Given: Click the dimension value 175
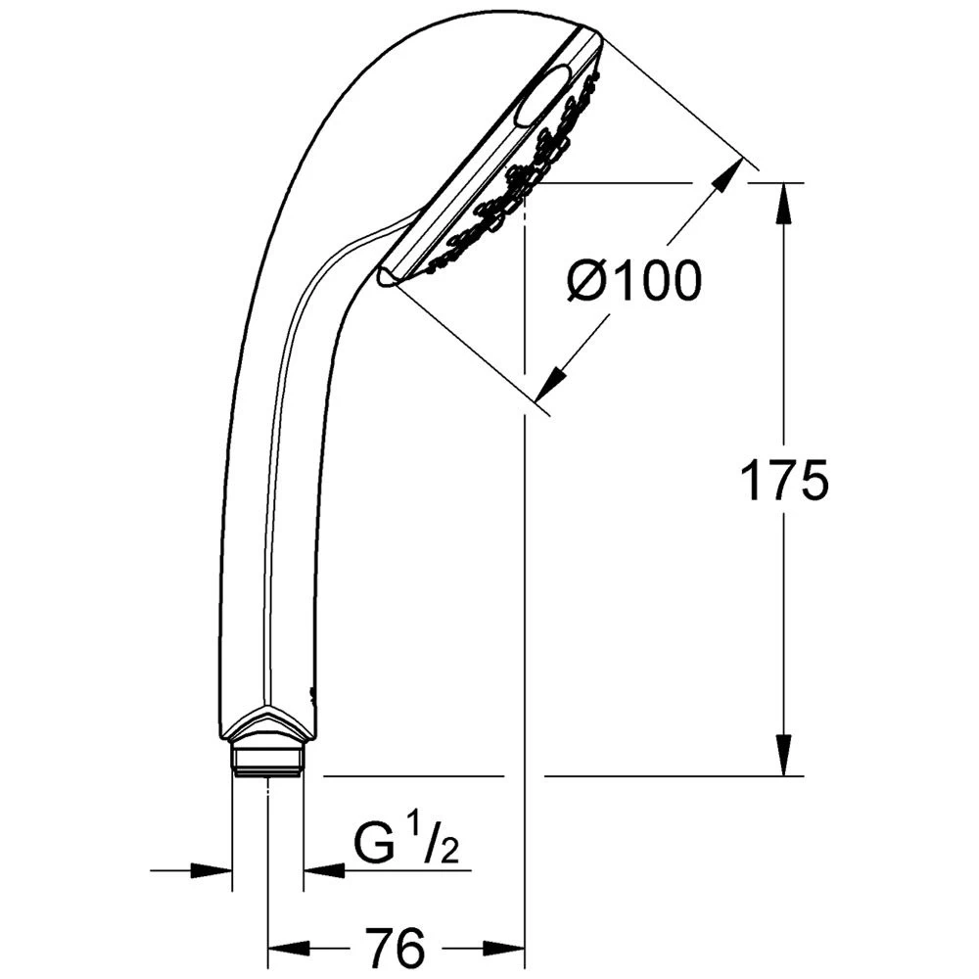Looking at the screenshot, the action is [783, 480].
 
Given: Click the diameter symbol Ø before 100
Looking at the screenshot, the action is [587, 281].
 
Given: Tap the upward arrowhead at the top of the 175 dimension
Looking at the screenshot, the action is [783, 203].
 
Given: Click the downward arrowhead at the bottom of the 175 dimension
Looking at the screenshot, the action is [783, 756].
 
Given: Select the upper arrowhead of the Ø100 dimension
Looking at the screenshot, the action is [728, 175].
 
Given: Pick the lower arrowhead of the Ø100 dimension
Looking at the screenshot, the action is [550, 382].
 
